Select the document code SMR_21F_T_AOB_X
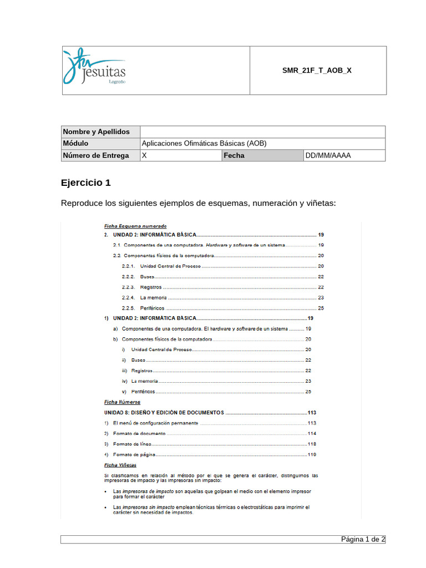click(317, 70)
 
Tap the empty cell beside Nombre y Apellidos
click(262, 131)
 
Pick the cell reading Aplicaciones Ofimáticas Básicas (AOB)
click(204, 144)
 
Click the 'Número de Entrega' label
click(96, 155)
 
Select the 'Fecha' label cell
click(234, 155)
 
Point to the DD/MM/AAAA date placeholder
click(328, 155)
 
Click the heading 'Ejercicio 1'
click(86, 182)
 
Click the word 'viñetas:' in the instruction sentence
click(320, 204)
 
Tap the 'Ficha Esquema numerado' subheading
click(135, 226)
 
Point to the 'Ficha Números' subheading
click(122, 402)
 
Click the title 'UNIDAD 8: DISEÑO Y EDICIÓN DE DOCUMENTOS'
click(164, 413)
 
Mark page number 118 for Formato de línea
click(312, 444)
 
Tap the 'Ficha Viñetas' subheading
click(120, 465)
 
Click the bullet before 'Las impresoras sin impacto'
click(106, 508)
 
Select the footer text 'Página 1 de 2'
click(363, 539)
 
